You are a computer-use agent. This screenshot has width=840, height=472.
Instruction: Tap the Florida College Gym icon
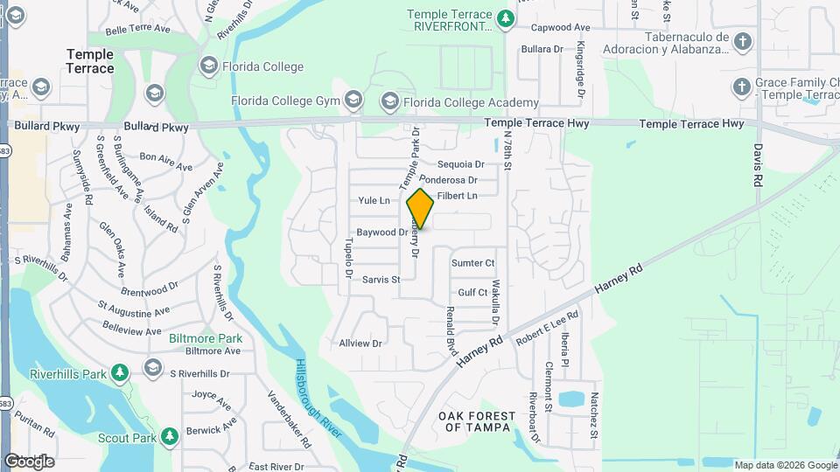pos(353,101)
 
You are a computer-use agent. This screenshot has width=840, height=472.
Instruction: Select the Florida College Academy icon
pos(388,102)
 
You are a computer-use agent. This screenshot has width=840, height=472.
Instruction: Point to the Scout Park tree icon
pos(170,435)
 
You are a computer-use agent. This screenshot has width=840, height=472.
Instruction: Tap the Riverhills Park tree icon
pos(120,374)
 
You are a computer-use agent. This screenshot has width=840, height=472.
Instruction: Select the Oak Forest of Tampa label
pos(473,420)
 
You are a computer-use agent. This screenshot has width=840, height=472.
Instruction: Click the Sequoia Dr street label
pos(460,164)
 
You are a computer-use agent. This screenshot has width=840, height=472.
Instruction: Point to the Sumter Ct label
pos(473,262)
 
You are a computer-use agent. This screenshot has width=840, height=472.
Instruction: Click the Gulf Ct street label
pos(472,293)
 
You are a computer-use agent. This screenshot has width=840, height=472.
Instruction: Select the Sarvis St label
pos(381,280)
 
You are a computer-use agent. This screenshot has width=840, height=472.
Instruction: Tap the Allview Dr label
pos(360,344)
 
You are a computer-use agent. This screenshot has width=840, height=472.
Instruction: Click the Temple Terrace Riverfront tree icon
pos(505,17)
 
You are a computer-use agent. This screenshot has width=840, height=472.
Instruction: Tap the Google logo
pos(29,461)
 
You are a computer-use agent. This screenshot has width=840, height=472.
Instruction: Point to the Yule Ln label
pos(374,201)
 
